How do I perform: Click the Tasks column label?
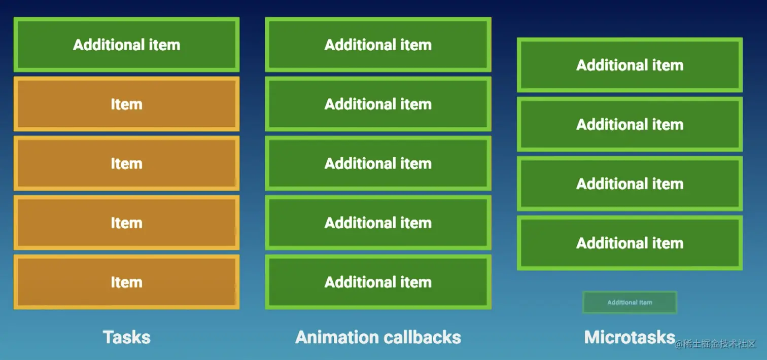click(126, 337)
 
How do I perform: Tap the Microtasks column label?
click(629, 337)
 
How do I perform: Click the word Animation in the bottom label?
click(335, 337)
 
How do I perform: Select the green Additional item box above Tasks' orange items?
click(126, 45)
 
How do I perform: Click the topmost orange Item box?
click(126, 104)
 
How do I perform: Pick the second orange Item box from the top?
click(126, 163)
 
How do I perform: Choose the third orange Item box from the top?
click(126, 223)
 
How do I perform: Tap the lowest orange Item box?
click(126, 282)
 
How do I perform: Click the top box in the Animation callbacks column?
click(378, 45)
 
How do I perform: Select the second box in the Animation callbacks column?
click(378, 104)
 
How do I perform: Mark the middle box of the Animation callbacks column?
click(378, 163)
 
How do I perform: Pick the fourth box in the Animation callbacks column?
click(378, 223)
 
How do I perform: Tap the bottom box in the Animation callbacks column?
click(378, 282)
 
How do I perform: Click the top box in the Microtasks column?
click(630, 65)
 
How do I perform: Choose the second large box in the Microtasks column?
click(630, 124)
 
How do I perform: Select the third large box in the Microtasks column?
click(630, 184)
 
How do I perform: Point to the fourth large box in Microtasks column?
click(630, 243)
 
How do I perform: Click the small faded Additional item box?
click(630, 302)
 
